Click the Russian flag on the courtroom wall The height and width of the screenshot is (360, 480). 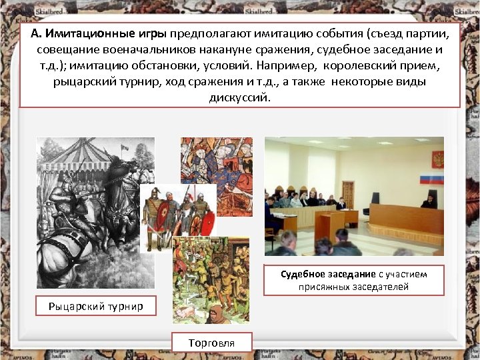(x=431, y=179)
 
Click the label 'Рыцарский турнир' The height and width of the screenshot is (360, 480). (x=95, y=306)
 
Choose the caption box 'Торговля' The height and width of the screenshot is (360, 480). (x=211, y=343)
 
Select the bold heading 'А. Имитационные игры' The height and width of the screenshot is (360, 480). (x=99, y=34)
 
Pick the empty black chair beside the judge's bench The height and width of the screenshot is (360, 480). (x=375, y=198)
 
